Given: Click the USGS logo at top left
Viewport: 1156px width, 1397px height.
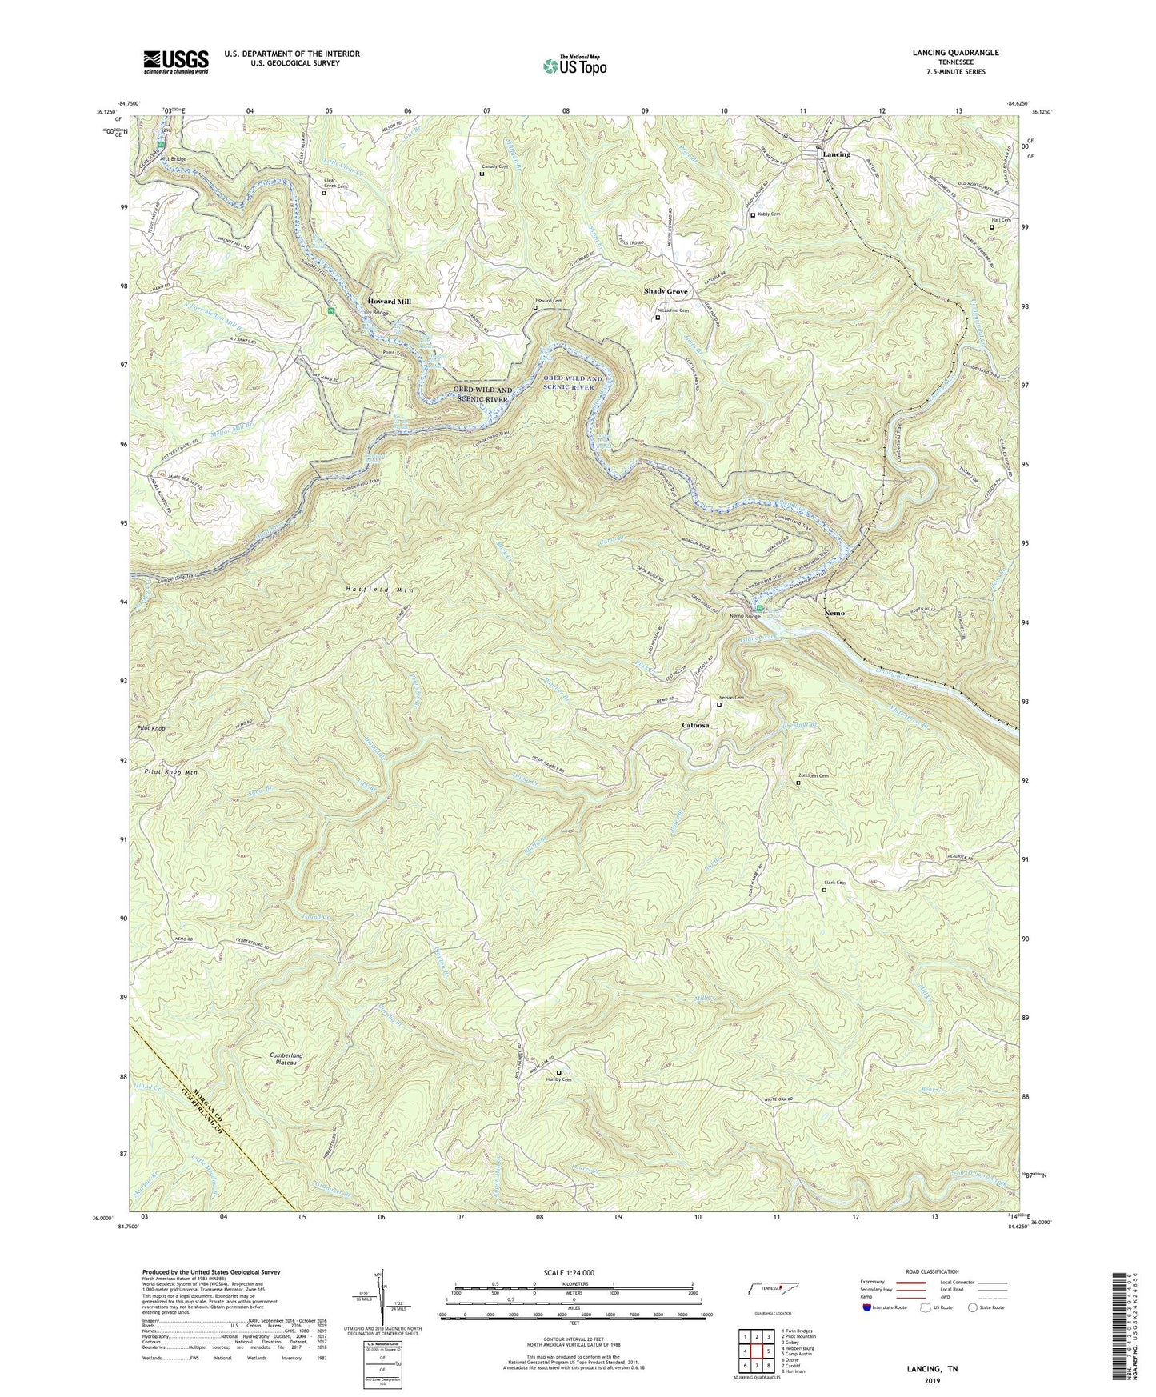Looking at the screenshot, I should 176,62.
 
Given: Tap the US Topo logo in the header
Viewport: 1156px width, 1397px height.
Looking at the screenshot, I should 574,66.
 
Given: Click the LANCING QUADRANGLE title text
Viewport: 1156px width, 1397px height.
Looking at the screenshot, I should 955,53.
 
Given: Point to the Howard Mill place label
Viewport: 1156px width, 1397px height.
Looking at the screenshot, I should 389,302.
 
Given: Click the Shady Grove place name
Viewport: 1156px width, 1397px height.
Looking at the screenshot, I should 666,291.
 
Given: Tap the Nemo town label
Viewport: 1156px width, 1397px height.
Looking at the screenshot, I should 834,613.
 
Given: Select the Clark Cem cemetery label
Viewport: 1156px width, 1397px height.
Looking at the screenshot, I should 834,883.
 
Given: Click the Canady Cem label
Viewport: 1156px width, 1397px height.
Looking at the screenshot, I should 494,167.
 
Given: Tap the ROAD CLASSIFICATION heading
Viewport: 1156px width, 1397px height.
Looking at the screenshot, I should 932,1271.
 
